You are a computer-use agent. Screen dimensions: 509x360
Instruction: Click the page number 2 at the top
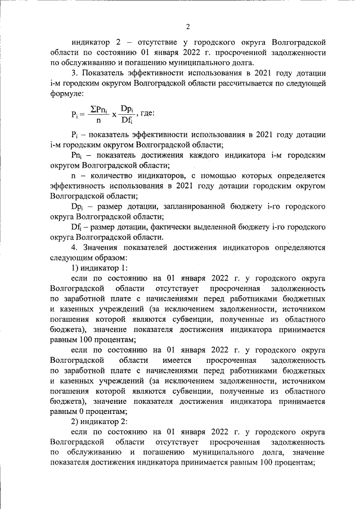tap(188, 26)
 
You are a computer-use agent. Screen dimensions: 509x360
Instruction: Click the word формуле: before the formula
tap(66, 94)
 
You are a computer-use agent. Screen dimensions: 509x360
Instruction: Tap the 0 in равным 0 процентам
tap(80, 411)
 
